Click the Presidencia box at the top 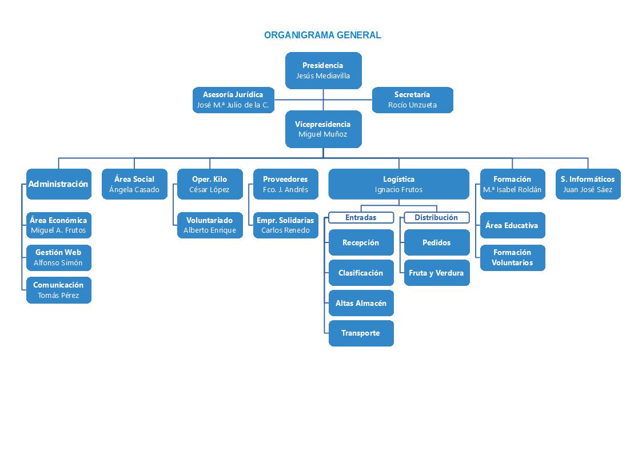pos(323,70)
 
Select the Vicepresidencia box pos(323,129)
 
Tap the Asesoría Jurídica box pos(233,100)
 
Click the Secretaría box pos(412,100)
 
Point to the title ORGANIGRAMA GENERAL pos(322,35)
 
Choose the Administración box pos(58,184)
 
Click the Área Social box pos(134,184)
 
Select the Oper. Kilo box pos(209,184)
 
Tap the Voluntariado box pos(209,225)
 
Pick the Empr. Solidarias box pos(285,225)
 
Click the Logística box pos(398,184)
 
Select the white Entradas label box pos(361,218)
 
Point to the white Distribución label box pos(436,218)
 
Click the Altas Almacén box pos(361,303)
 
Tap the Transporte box pos(361,333)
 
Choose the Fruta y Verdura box pos(436,273)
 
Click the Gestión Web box pos(58,257)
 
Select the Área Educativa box pos(512,225)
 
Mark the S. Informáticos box pos(588,184)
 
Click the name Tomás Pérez pos(58,296)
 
